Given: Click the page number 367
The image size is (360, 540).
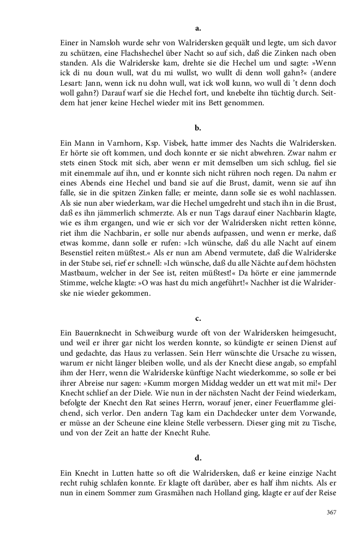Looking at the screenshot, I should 331,512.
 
